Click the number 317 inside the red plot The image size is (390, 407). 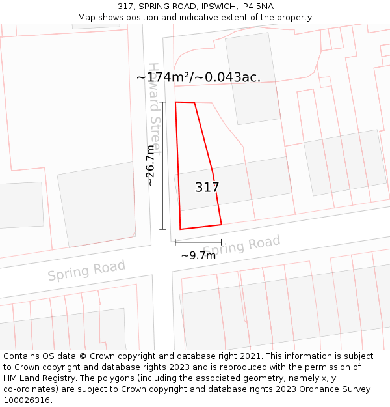tap(207, 188)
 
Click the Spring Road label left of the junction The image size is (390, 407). tap(86, 270)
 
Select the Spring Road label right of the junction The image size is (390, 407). tap(242, 246)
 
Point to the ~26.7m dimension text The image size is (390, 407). tap(150, 165)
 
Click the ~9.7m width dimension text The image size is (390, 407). tap(198, 255)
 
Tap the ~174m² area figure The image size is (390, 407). tap(163, 77)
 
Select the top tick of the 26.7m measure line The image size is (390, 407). tap(162, 102)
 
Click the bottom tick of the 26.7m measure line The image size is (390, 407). tap(162, 229)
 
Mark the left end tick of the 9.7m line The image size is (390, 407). tap(175, 242)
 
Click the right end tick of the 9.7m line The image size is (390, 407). tap(222, 242)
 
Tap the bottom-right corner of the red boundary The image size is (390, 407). tap(222, 225)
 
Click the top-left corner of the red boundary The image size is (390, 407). tap(175, 102)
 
